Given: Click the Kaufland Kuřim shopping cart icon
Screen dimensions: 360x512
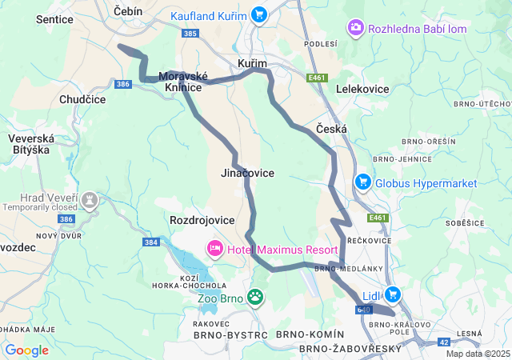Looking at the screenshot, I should tap(258, 14).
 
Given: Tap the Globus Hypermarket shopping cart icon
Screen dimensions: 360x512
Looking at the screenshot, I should tap(363, 183).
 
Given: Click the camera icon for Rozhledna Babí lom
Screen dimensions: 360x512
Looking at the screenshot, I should tap(355, 29).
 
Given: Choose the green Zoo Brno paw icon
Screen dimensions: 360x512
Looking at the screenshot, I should tap(255, 298).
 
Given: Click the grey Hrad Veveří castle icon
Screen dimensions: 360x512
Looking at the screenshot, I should tap(90, 198).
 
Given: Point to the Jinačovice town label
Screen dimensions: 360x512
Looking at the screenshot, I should tap(247, 173).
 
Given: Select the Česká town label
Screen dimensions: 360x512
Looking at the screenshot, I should tap(331, 128).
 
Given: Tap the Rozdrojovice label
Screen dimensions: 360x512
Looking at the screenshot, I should tap(202, 219).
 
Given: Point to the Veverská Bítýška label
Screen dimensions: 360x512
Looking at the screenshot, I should tap(29, 144).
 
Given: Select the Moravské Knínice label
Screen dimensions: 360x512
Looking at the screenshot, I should tap(182, 81).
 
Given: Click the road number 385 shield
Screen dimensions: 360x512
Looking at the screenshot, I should tap(190, 34).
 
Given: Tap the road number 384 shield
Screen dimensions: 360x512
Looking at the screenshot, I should tap(151, 241).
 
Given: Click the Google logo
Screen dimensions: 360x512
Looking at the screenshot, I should tap(26, 350).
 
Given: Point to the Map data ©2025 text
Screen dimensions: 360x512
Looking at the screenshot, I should tap(477, 354).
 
